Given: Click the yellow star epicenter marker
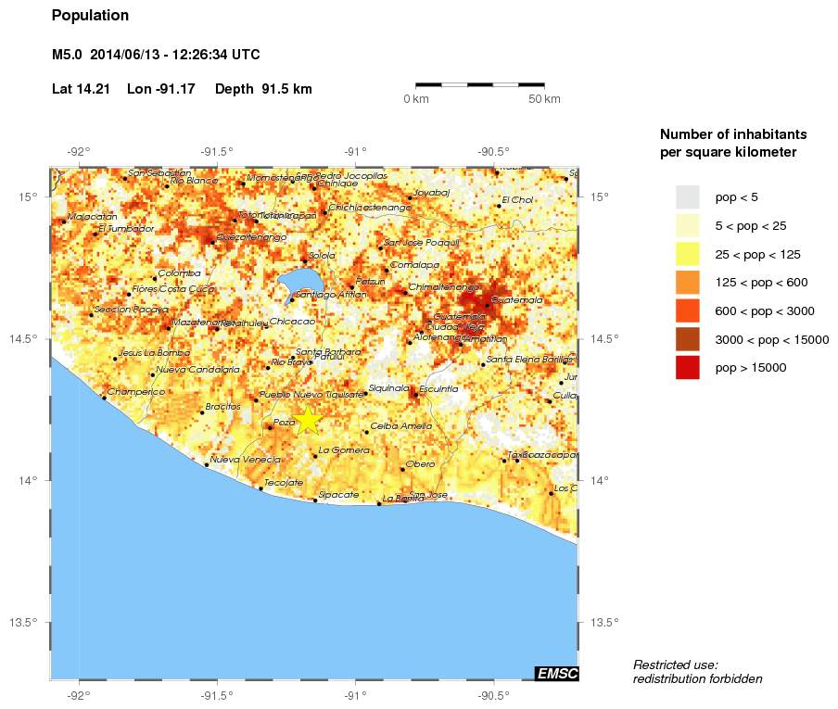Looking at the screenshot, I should point(308,420).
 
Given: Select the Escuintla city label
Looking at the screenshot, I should point(438,389).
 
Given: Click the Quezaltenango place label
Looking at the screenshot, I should point(251,237).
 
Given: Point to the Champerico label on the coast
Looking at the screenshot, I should point(135,392).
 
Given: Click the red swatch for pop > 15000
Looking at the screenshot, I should point(687,368).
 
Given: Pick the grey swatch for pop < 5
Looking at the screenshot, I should point(687,196).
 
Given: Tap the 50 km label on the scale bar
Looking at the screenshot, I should point(544,99).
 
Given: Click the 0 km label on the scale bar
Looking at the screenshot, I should point(415,99).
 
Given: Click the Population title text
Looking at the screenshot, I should point(90,16).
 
